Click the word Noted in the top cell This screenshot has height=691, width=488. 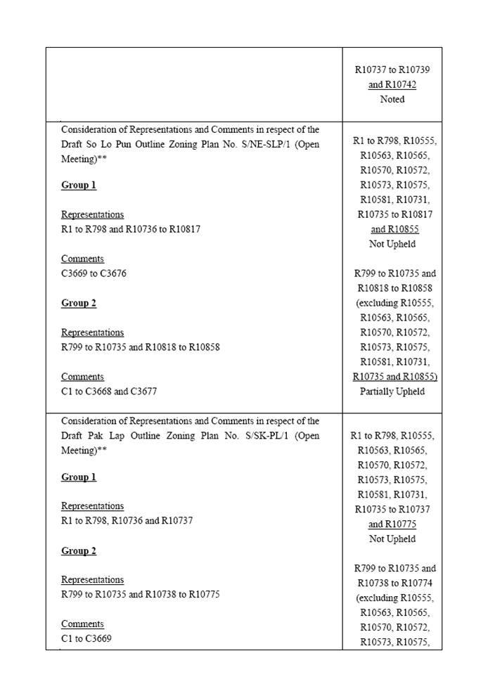pyautogui.click(x=392, y=99)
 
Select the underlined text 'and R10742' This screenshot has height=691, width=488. pyautogui.click(x=392, y=85)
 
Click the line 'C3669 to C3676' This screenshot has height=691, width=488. pyautogui.click(x=94, y=273)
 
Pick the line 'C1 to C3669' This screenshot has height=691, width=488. pyautogui.click(x=86, y=639)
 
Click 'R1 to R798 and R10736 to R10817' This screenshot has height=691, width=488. pyautogui.click(x=131, y=229)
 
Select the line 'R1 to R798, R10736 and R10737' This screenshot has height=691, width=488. pyautogui.click(x=127, y=521)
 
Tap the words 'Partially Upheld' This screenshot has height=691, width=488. pyautogui.click(x=392, y=391)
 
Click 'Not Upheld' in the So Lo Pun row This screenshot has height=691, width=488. pyautogui.click(x=392, y=244)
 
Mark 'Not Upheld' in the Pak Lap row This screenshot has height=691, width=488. pyautogui.click(x=392, y=539)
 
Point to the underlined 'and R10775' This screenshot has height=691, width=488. pyautogui.click(x=392, y=524)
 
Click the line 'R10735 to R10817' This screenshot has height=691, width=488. pyautogui.click(x=392, y=214)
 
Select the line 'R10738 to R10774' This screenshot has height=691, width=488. pyautogui.click(x=392, y=583)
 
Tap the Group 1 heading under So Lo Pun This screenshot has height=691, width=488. pyautogui.click(x=79, y=186)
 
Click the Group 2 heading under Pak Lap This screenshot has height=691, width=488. pyautogui.click(x=79, y=550)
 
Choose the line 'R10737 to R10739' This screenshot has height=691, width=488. pyautogui.click(x=392, y=70)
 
